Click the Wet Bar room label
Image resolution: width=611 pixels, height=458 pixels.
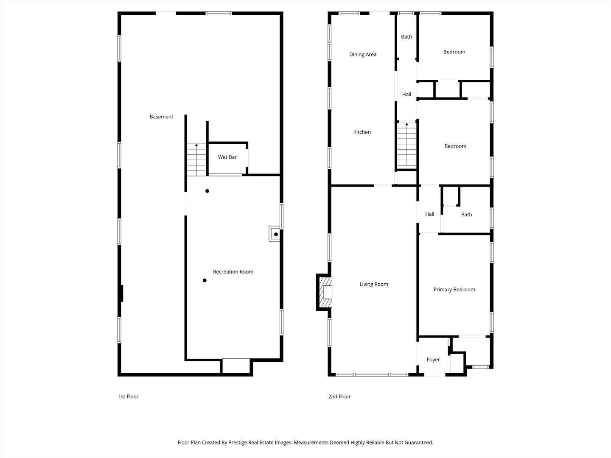[227, 157]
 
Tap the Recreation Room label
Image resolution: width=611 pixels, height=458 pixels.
[233, 272]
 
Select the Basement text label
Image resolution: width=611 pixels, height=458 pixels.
[161, 117]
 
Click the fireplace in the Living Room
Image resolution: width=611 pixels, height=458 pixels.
[325, 293]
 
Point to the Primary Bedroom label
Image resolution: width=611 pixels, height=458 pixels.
[454, 290]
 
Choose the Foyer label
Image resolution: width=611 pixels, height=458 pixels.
[433, 360]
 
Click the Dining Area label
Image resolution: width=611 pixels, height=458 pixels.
[362, 54]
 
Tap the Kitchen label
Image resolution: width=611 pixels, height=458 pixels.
[362, 132]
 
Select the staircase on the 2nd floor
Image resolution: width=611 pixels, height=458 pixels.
[406, 145]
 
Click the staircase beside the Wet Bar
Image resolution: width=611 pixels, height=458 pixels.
[196, 160]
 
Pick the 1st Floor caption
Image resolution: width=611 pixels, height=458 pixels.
[128, 397]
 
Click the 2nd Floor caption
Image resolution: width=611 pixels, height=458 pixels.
[339, 397]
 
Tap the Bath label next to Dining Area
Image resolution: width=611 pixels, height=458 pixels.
[406, 37]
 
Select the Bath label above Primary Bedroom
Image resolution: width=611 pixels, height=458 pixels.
[466, 215]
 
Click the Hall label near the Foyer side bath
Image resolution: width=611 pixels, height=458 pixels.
[429, 214]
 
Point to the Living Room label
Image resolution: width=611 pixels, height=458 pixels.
[373, 284]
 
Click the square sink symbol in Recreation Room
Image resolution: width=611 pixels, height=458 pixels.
[275, 234]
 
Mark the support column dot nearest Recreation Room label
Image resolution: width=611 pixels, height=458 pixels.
[205, 280]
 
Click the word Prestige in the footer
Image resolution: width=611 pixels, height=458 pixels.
[241, 442]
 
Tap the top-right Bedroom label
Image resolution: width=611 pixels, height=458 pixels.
[454, 52]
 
